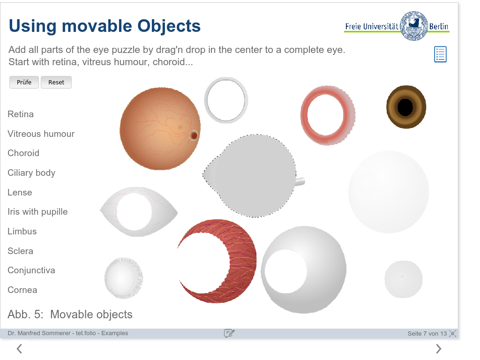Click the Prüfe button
coord(24,82)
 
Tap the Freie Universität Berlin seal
coord(413,26)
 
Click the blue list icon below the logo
coord(440,54)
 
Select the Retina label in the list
coord(21,114)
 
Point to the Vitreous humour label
coord(41,134)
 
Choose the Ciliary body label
coord(31,173)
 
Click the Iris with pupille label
coord(37,212)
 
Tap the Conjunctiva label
coord(31,270)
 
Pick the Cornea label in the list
coord(22,290)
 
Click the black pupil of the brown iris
coord(405,107)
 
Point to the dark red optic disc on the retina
coord(194,135)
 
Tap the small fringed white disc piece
coord(124,278)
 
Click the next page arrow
coord(438,349)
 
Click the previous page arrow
coord(19,349)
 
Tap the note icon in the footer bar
coord(229,333)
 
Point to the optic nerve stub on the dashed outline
coord(300,181)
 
